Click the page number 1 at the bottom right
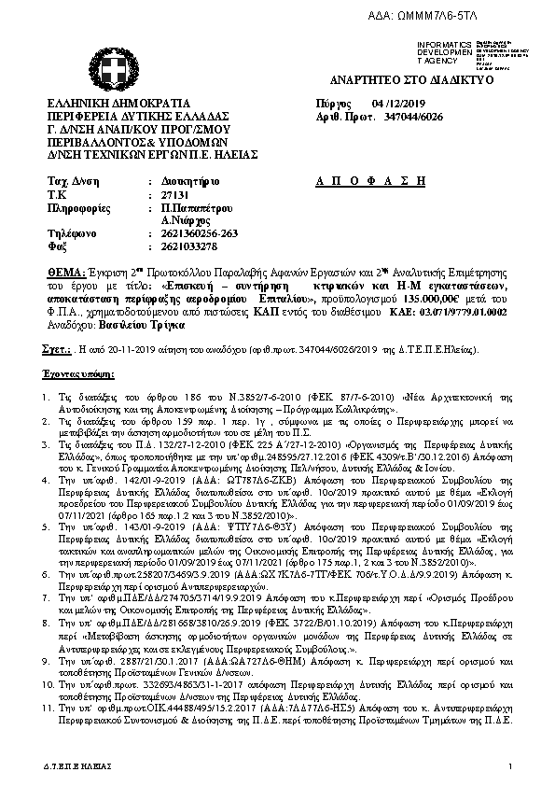511,765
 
